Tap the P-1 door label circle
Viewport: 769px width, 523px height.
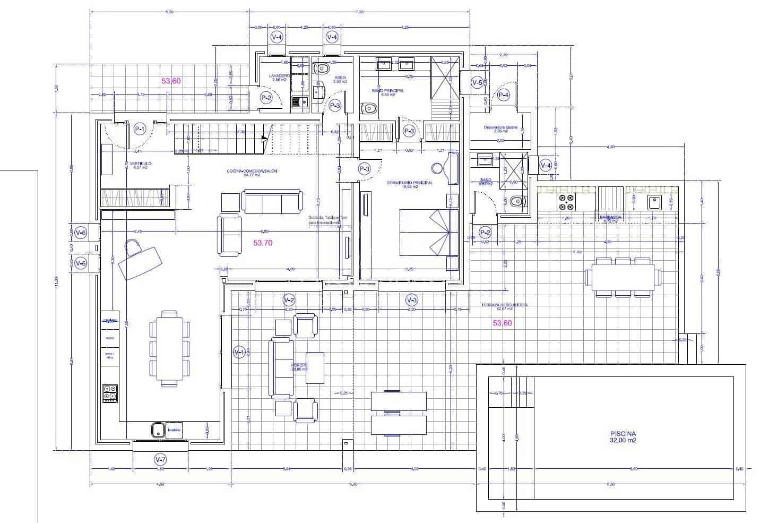click(x=140, y=128)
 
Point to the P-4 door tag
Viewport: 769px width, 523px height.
click(x=503, y=96)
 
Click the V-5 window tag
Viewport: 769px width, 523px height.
click(x=477, y=82)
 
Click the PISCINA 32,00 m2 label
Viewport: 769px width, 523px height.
click(x=623, y=436)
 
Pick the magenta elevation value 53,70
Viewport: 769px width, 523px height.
click(x=263, y=243)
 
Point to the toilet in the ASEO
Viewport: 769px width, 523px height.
click(x=322, y=68)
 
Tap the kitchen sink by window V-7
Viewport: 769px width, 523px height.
click(x=157, y=430)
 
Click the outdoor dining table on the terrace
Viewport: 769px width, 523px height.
click(x=623, y=276)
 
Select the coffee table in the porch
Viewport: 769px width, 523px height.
click(x=315, y=368)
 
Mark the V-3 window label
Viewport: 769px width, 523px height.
click(x=411, y=300)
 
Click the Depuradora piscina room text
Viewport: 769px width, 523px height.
click(x=500, y=128)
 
